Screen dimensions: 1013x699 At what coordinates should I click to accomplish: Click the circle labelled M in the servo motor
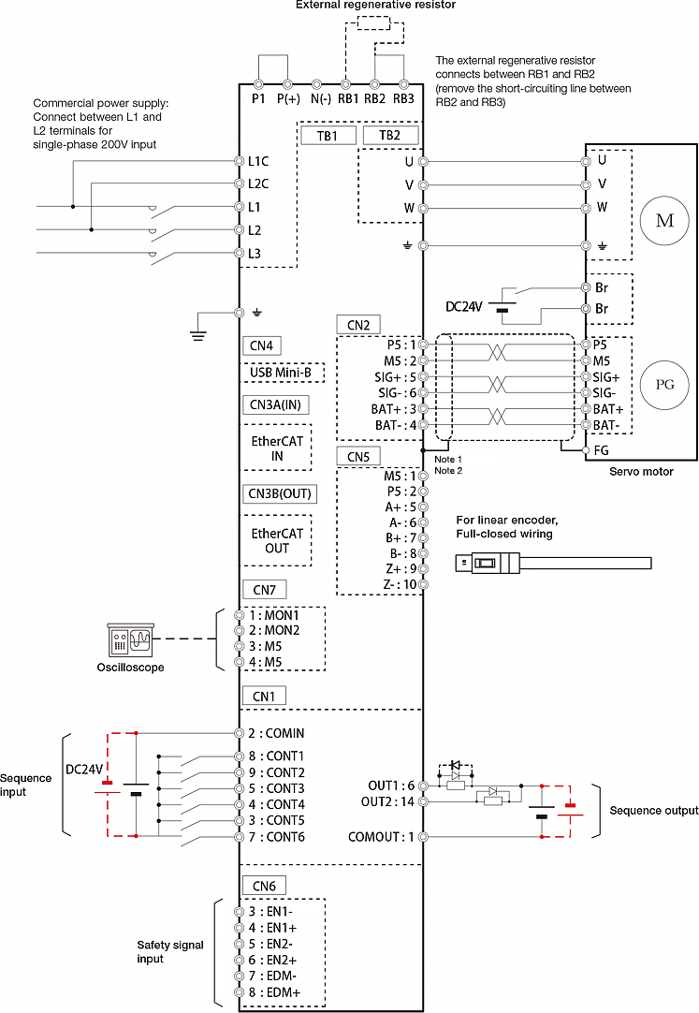click(x=664, y=221)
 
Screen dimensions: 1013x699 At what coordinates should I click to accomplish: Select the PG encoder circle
click(x=664, y=384)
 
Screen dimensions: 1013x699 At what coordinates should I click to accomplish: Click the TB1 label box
click(x=328, y=135)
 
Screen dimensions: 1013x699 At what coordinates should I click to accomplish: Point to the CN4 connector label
click(x=263, y=345)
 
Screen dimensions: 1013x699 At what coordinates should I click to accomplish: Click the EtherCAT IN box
click(x=277, y=448)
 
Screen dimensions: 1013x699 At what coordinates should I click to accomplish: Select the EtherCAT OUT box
click(x=277, y=540)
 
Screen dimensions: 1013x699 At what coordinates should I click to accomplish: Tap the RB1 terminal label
click(x=348, y=98)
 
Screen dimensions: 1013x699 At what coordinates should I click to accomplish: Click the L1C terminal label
click(x=259, y=161)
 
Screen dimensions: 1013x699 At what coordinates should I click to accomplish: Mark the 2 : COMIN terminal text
click(x=276, y=733)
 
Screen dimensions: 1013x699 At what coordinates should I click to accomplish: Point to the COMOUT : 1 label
click(x=381, y=836)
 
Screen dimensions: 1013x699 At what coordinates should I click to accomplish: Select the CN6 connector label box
click(x=263, y=886)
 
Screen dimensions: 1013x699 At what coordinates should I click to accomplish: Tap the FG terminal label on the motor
click(x=602, y=449)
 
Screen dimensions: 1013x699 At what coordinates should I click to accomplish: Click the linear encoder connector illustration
click(x=552, y=563)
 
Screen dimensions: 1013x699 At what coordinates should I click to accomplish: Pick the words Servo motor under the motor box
click(x=640, y=472)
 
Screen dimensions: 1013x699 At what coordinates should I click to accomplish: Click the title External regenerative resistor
click(x=375, y=6)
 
